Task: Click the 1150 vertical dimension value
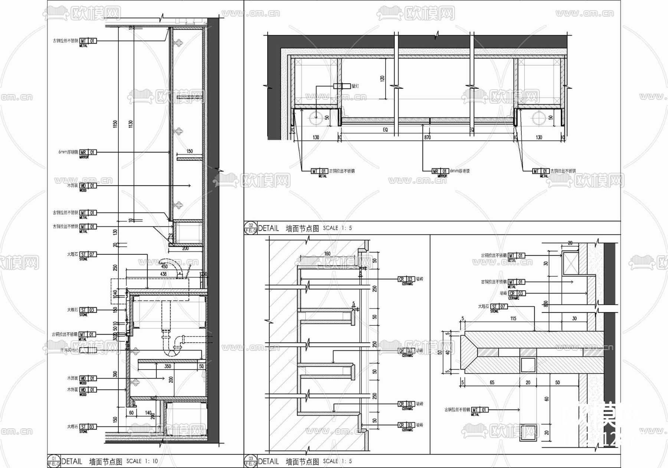pyautogui.click(x=115, y=124)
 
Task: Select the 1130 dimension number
pyautogui.click(x=131, y=124)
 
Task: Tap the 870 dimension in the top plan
pyautogui.click(x=428, y=137)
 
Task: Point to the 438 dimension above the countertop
pyautogui.click(x=163, y=274)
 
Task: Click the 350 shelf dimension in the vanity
pyautogui.click(x=168, y=366)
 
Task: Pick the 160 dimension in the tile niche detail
pyautogui.click(x=327, y=254)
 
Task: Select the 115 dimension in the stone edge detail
pyautogui.click(x=513, y=318)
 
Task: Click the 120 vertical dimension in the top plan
pyautogui.click(x=382, y=78)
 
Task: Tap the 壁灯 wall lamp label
pyautogui.click(x=355, y=86)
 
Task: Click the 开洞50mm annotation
pyautogui.click(x=69, y=350)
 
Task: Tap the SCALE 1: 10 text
pyautogui.click(x=142, y=461)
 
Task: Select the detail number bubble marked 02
pyautogui.click(x=251, y=225)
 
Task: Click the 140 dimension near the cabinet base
pyautogui.click(x=148, y=413)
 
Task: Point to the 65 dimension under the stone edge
pyautogui.click(x=492, y=382)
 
